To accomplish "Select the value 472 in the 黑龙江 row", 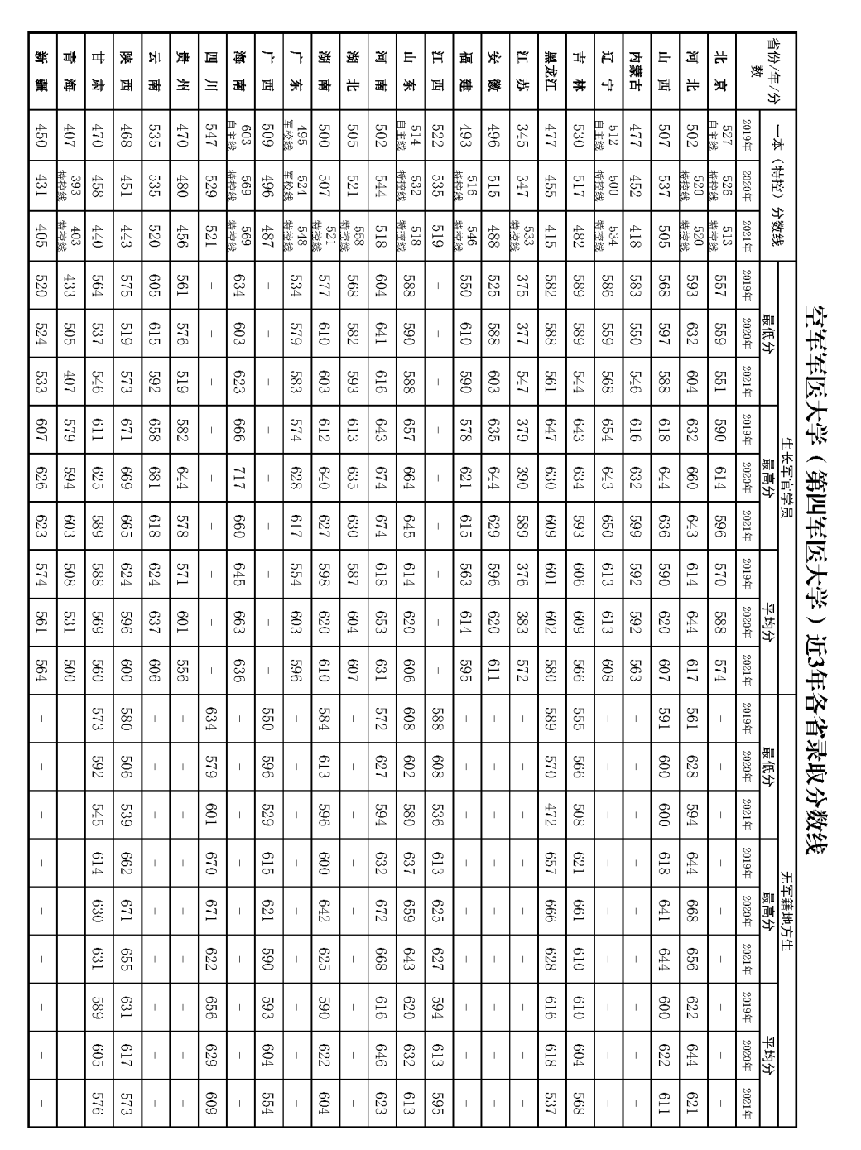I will pyautogui.click(x=550, y=815).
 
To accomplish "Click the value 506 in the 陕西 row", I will pyautogui.click(x=125, y=767).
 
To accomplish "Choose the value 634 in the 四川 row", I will pyautogui.click(x=210, y=719).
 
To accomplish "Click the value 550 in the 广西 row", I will pyautogui.click(x=267, y=719).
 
